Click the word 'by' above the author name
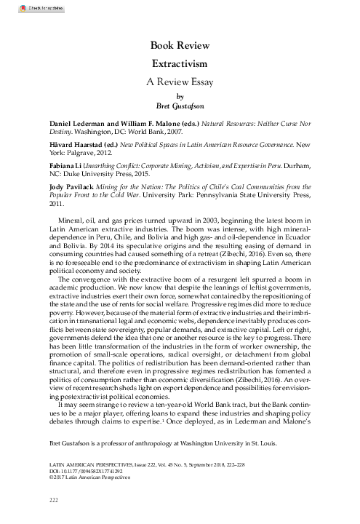click(x=180, y=95)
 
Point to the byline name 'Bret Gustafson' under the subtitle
click(x=180, y=104)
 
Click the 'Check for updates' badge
click(x=24, y=7)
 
